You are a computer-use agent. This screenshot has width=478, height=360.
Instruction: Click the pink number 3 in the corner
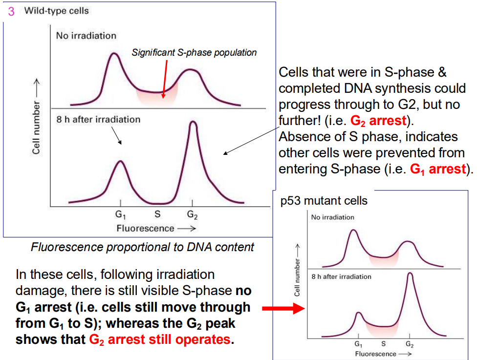click(x=11, y=11)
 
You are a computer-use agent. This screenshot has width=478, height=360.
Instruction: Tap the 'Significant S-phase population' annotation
click(x=194, y=52)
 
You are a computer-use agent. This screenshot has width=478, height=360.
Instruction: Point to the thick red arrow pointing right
click(x=283, y=309)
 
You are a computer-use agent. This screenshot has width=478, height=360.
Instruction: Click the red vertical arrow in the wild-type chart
click(x=165, y=78)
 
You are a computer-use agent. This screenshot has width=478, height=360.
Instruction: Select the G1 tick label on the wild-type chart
click(x=120, y=214)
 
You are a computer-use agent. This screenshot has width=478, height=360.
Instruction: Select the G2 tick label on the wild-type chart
click(x=192, y=214)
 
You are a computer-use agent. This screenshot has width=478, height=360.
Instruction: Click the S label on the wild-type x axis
click(x=157, y=214)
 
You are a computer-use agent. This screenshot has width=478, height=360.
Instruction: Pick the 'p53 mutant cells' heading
click(x=324, y=201)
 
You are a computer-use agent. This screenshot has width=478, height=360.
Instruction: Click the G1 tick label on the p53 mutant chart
click(x=358, y=345)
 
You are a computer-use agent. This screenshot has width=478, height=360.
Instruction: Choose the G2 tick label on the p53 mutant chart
click(x=410, y=345)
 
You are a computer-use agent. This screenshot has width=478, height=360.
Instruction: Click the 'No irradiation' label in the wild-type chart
click(x=86, y=36)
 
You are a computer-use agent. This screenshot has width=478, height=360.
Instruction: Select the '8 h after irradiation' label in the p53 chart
click(x=341, y=276)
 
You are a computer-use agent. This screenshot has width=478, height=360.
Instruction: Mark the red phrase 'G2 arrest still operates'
click(x=159, y=339)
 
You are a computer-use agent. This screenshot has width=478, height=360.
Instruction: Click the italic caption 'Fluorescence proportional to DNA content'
click(x=142, y=247)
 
